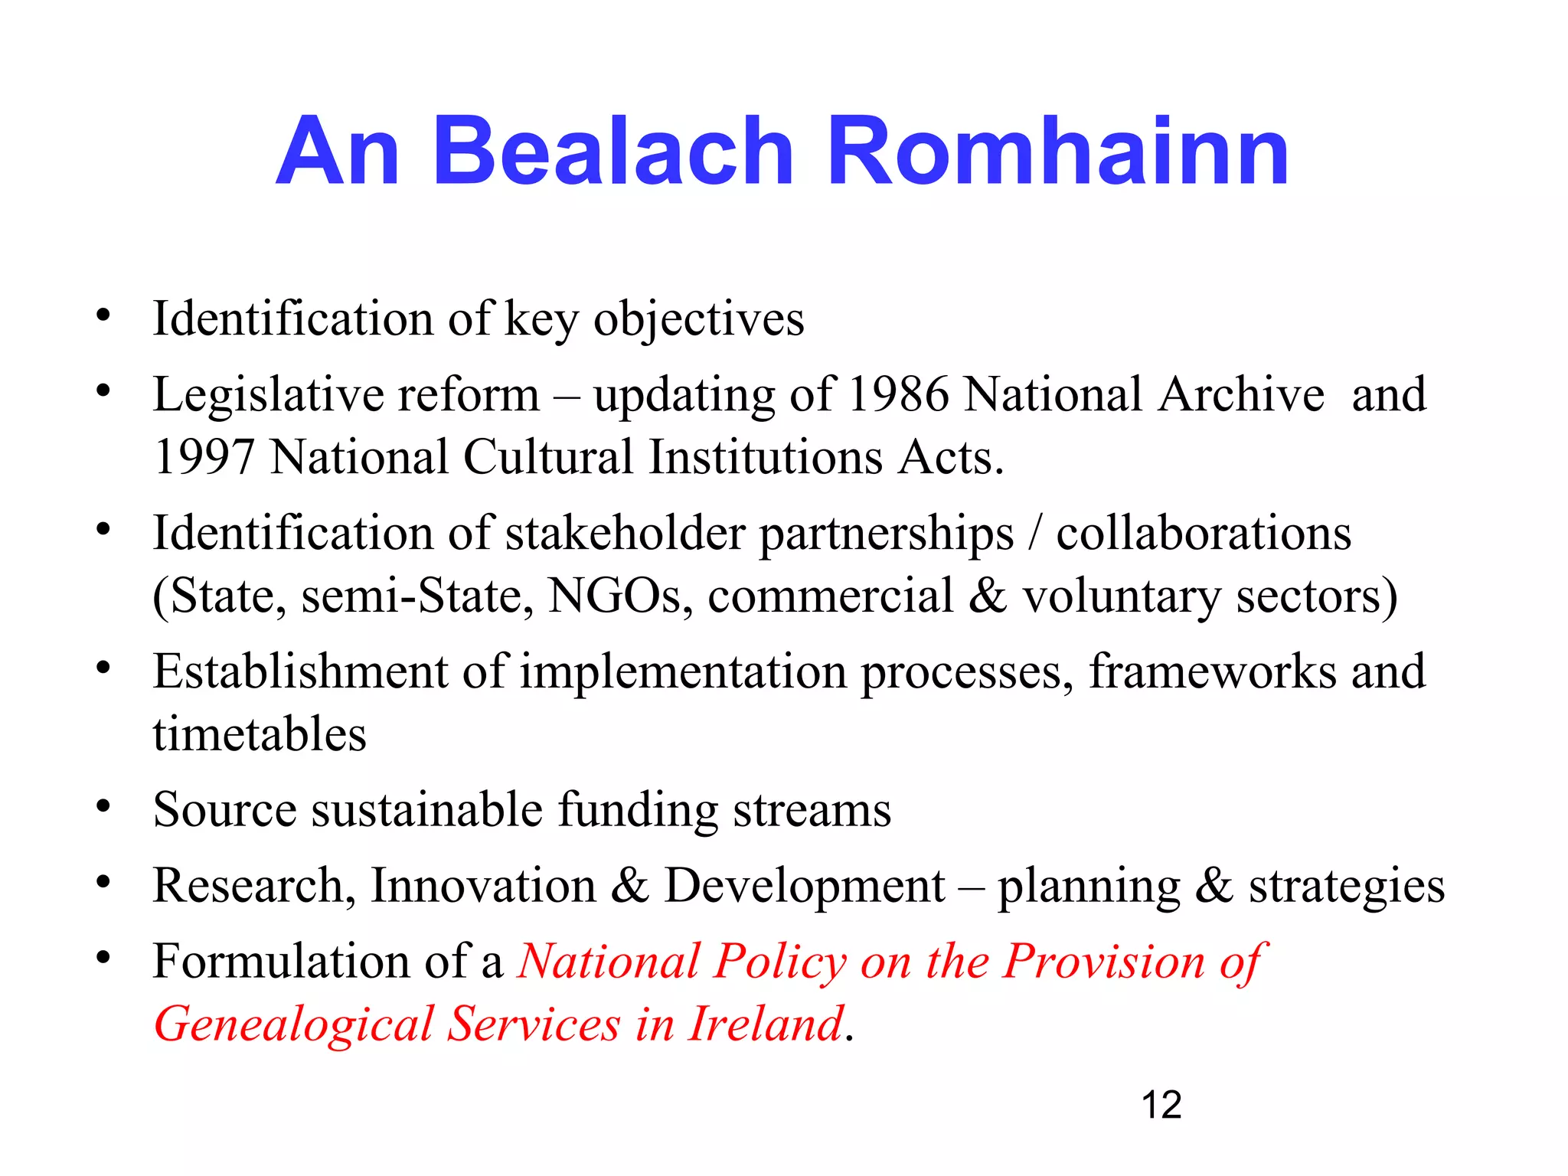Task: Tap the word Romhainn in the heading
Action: pyautogui.click(x=1058, y=151)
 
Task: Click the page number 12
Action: pyautogui.click(x=1161, y=1105)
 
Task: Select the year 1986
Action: pyautogui.click(x=899, y=395)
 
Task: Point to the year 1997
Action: pyautogui.click(x=204, y=458)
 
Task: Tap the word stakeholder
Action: pyautogui.click(x=625, y=533)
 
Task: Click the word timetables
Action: pyautogui.click(x=260, y=734)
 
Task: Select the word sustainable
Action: pyautogui.click(x=427, y=809)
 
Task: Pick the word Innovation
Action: pyautogui.click(x=483, y=886)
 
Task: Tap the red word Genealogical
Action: pyautogui.click(x=294, y=1025)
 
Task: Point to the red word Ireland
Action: pyautogui.click(x=766, y=1024)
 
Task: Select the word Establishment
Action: pyautogui.click(x=300, y=671)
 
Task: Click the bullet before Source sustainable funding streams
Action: pyautogui.click(x=103, y=805)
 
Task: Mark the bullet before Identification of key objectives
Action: pyautogui.click(x=103, y=315)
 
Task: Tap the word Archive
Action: pyautogui.click(x=1241, y=395)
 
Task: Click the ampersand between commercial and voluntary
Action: pyautogui.click(x=988, y=596)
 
